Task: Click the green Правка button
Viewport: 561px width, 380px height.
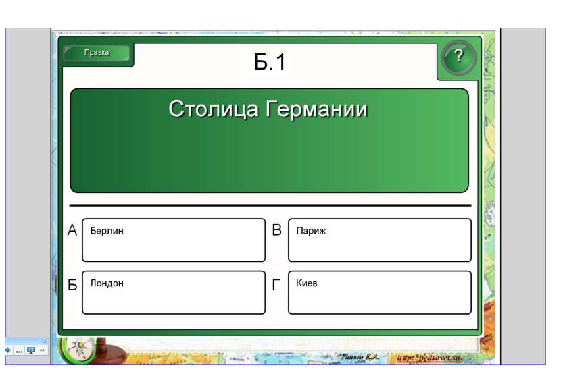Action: click(96, 53)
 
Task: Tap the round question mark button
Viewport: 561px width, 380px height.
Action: click(458, 57)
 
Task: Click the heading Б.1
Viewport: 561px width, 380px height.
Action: click(270, 62)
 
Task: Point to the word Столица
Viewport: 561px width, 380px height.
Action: click(213, 109)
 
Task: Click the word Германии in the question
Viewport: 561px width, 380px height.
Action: click(316, 109)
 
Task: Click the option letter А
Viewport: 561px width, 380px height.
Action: click(72, 230)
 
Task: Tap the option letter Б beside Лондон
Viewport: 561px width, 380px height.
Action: click(72, 285)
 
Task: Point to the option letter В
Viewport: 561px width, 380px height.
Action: click(277, 230)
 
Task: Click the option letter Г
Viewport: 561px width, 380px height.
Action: click(276, 285)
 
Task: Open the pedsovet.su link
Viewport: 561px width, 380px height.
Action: click(429, 358)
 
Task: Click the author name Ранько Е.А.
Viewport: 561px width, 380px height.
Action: click(360, 356)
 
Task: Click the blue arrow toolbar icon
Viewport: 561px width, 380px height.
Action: click(8, 350)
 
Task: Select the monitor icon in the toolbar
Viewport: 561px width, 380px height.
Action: click(31, 350)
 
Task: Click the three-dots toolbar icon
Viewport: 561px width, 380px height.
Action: click(20, 352)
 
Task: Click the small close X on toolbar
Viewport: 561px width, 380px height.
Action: click(45, 341)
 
